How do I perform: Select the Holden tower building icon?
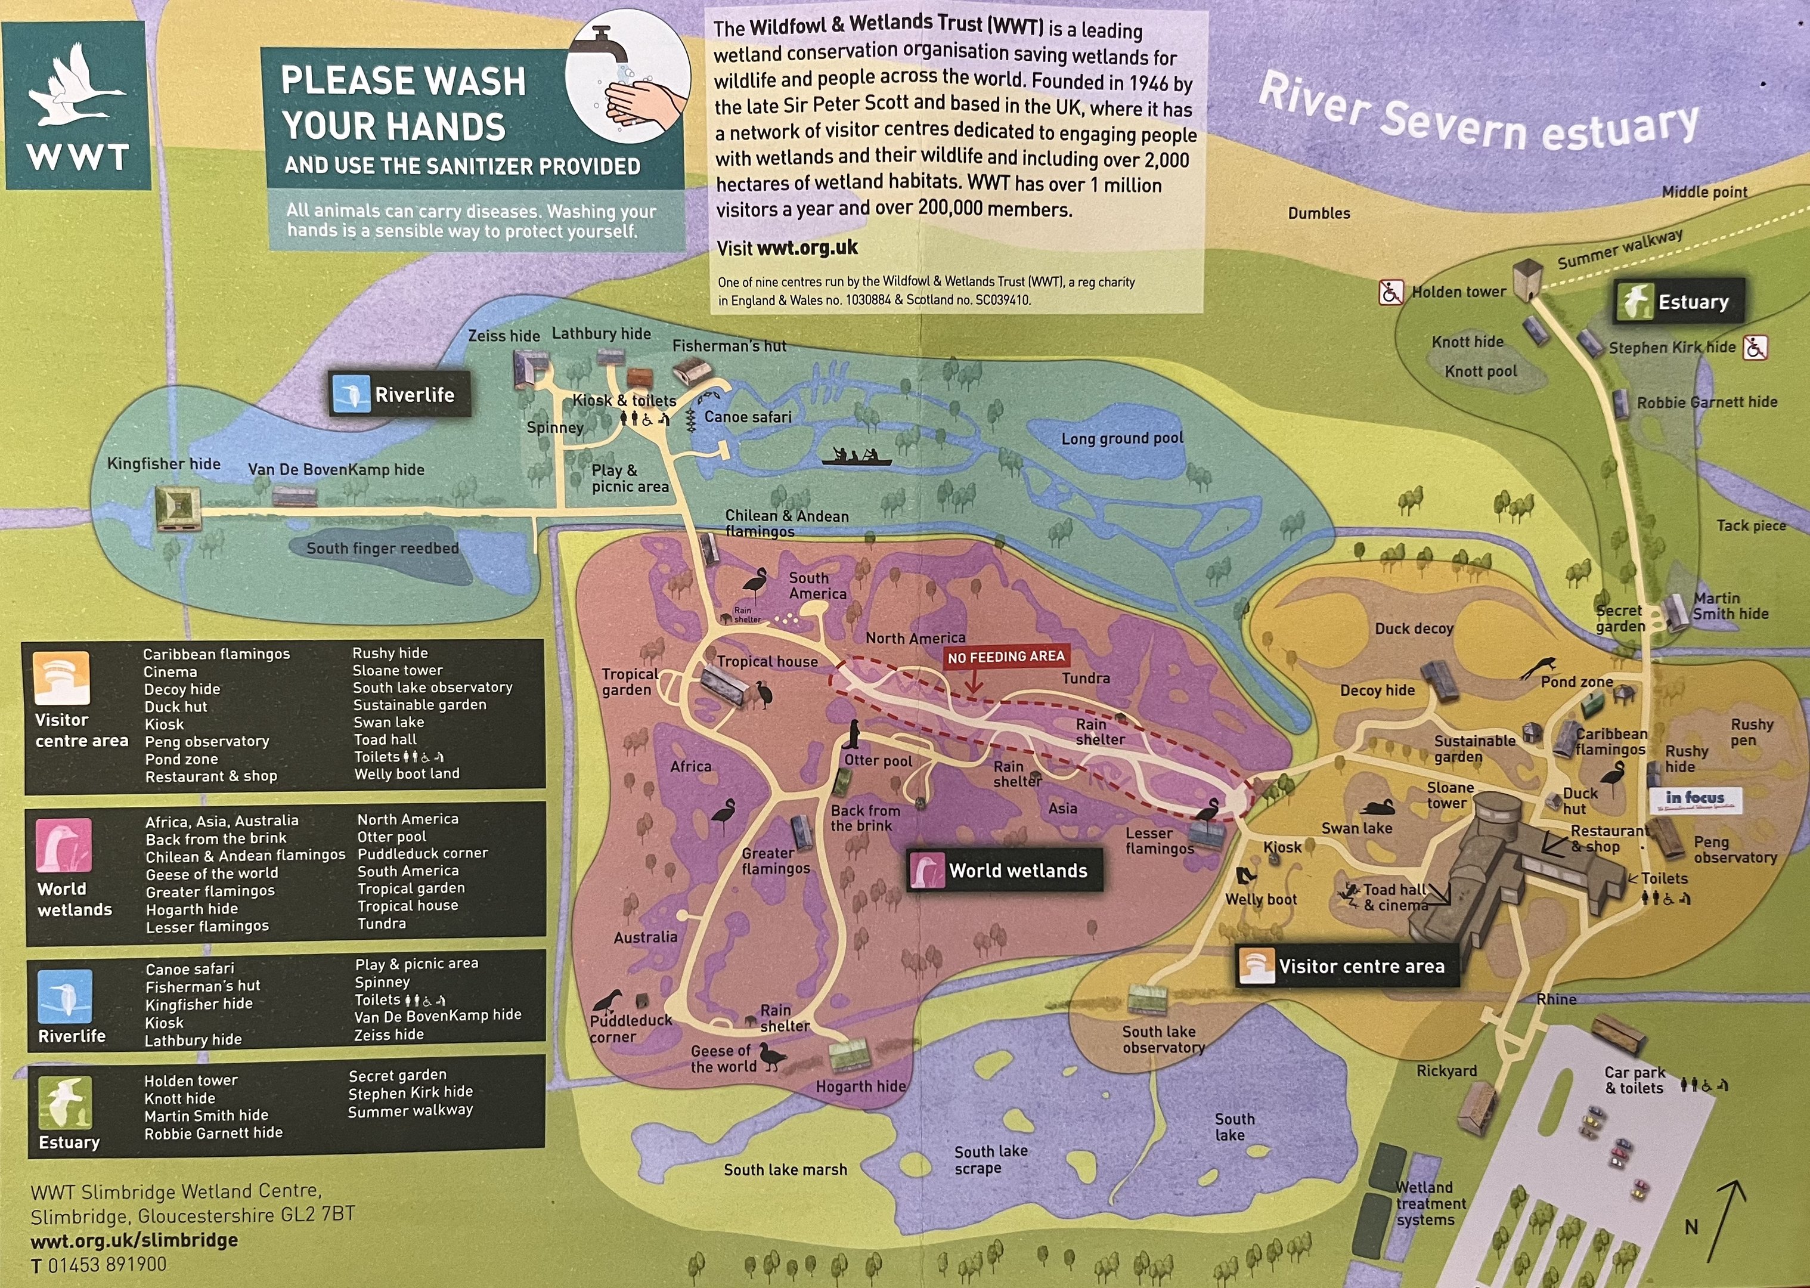pyautogui.click(x=1526, y=280)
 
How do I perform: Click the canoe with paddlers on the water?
pyautogui.click(x=856, y=457)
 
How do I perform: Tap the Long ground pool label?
pyautogui.click(x=1122, y=438)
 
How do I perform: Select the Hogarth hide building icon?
pyautogui.click(x=849, y=1055)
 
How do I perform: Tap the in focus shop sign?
pyautogui.click(x=1695, y=798)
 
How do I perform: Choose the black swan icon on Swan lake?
pyautogui.click(x=1377, y=807)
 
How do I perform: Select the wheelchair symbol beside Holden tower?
pyautogui.click(x=1391, y=293)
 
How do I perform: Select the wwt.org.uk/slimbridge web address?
pyautogui.click(x=134, y=1240)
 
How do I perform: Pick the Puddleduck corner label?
pyautogui.click(x=630, y=1028)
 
